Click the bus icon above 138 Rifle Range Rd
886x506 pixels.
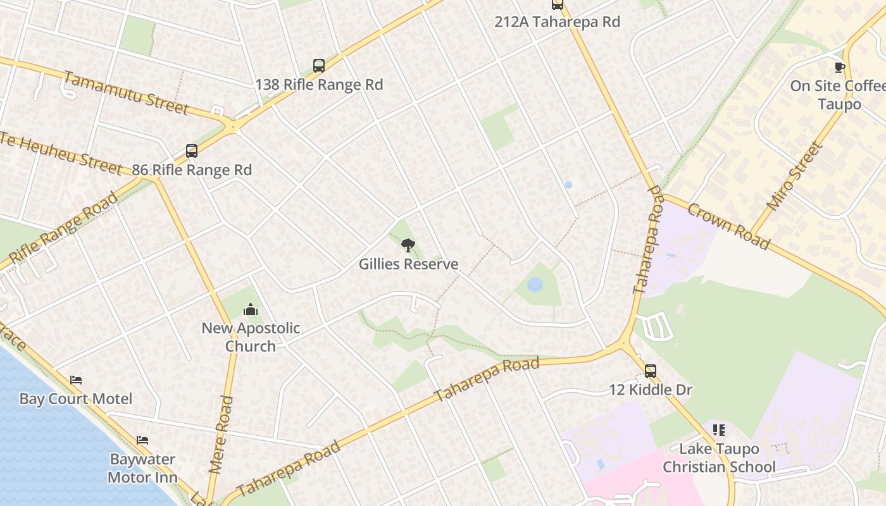319,66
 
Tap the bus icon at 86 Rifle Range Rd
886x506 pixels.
192,151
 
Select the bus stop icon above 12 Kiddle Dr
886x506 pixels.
650,371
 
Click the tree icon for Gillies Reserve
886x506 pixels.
408,245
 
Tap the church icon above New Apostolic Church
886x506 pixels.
251,310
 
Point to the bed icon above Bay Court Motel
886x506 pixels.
76,380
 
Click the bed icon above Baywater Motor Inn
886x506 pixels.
142,440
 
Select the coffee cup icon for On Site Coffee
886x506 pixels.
840,67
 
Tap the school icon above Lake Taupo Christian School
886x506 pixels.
718,430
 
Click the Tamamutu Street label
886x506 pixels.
126,93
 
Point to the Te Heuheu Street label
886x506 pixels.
60,152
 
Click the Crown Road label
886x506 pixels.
728,226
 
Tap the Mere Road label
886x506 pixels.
221,435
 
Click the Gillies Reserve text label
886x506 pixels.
408,264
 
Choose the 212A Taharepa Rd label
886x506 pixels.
557,22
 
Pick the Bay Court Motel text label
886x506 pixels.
76,398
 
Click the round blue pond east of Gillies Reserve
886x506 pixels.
535,285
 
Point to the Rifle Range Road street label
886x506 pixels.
63,230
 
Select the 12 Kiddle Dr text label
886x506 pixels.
651,390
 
